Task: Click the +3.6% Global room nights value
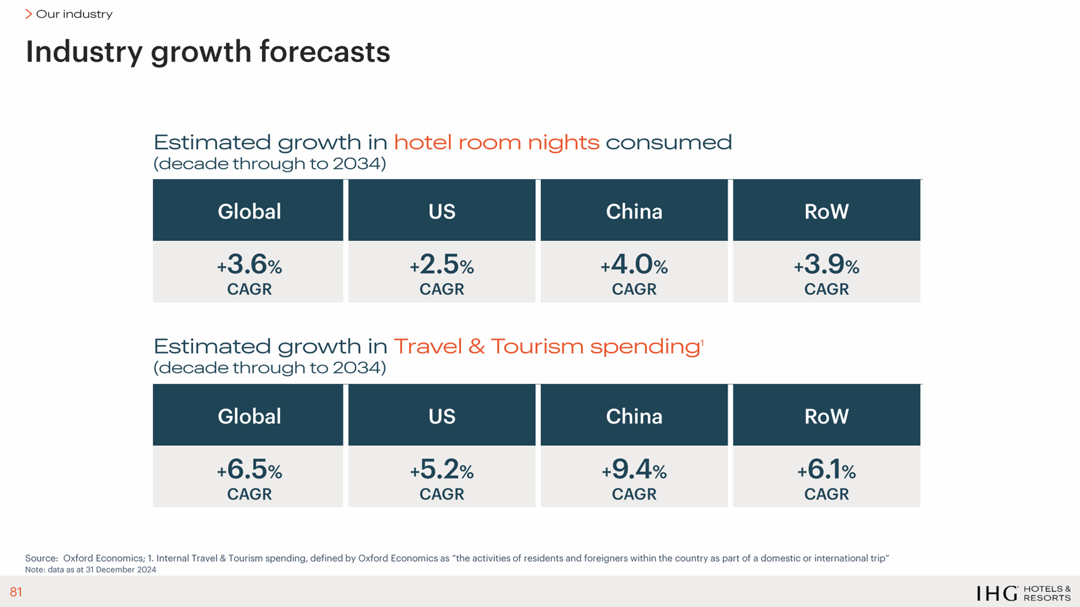249,265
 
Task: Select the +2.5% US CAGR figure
442,265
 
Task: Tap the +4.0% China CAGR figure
634,265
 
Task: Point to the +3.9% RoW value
826,265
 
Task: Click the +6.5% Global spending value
249,470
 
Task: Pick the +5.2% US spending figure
442,470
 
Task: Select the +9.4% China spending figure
634,470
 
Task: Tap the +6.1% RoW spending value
826,470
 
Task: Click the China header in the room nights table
634,211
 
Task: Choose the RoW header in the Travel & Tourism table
826,416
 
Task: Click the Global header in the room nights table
249,211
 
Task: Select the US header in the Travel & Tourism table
442,416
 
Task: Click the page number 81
16,592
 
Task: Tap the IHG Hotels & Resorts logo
1023,593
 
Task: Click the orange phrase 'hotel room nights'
496,143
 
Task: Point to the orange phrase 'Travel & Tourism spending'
547,346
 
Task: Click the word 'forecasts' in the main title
325,52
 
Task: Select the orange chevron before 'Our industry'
29,14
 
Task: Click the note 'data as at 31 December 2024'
102,570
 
